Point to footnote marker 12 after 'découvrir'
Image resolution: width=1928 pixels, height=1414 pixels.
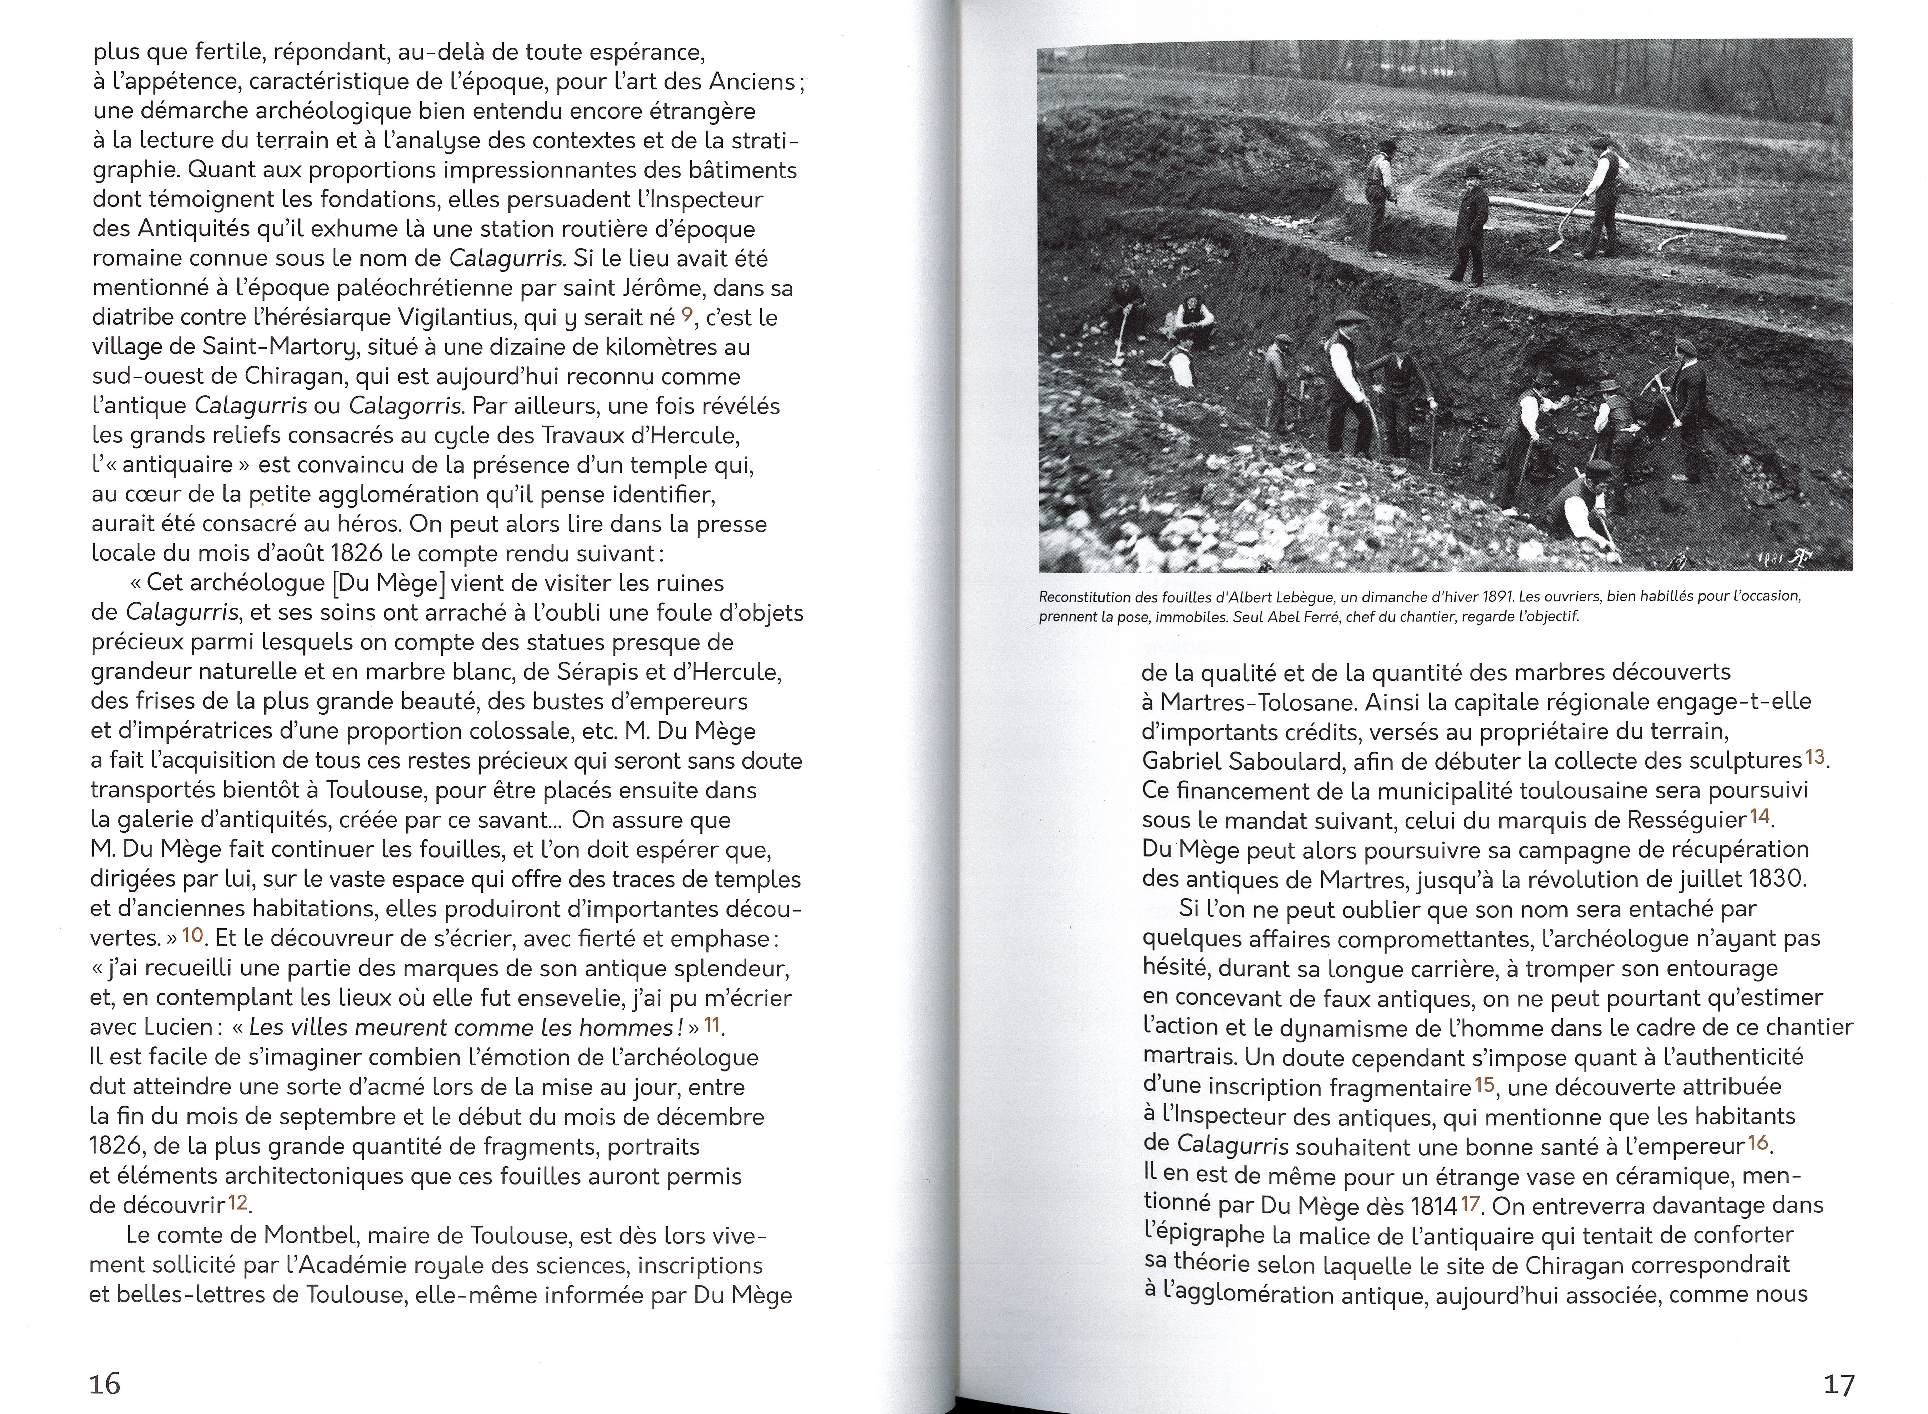[x=237, y=1202]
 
